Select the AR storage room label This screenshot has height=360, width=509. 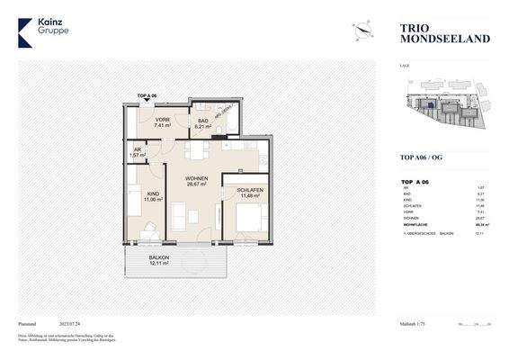[137, 151]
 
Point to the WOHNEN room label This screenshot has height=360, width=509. [196, 179]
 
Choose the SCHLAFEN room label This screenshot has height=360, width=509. [250, 191]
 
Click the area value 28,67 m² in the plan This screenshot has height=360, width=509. [196, 185]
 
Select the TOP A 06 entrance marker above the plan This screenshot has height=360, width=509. [147, 94]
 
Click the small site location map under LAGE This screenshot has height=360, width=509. [442, 109]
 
